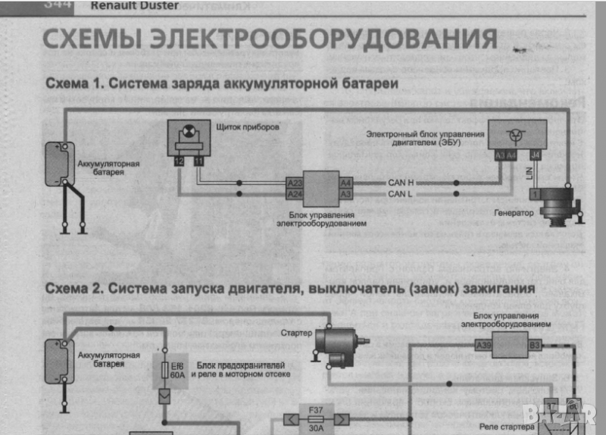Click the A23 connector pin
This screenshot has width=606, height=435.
295,183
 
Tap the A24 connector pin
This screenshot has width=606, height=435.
295,195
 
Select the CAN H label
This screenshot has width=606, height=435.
401,183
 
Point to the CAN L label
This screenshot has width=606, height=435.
401,195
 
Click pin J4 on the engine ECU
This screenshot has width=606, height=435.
536,155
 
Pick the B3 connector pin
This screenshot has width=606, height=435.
534,346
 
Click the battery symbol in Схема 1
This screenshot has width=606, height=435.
55,163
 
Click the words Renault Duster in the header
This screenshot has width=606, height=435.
134,6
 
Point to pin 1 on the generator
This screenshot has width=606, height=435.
536,195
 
